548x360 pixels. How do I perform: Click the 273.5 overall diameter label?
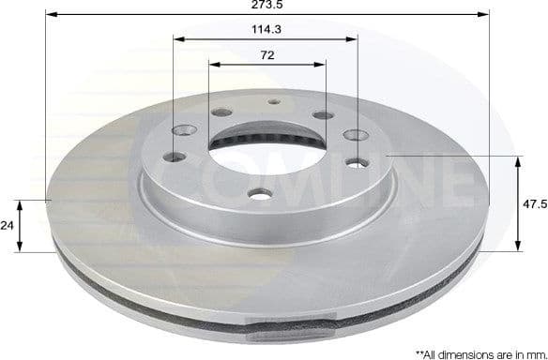pyautogui.click(x=266, y=6)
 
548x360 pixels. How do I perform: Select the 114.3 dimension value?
pyautogui.click(x=266, y=30)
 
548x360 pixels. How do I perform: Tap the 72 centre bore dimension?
pyautogui.click(x=266, y=55)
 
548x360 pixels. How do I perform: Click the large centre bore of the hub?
pyautogui.click(x=267, y=163)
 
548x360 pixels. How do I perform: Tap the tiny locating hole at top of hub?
pyautogui.click(x=273, y=102)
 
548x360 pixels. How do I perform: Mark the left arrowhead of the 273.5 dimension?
pyautogui.click(x=51, y=16)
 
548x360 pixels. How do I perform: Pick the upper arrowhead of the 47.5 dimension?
pyautogui.click(x=518, y=161)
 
